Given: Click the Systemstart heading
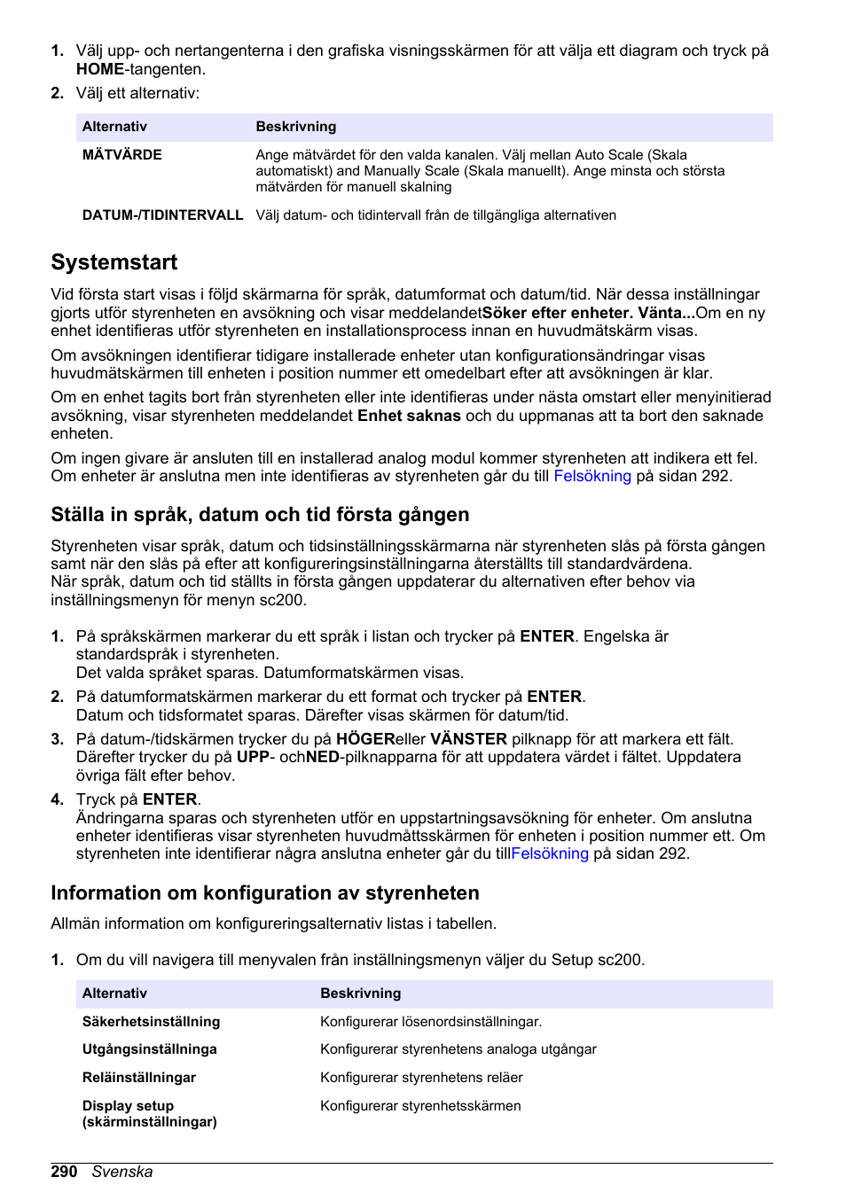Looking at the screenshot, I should coord(114,262).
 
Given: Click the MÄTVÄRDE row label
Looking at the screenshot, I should coord(122,155).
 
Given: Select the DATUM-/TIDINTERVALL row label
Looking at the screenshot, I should coord(162,215).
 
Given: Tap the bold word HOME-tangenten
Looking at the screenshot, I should coord(100,69).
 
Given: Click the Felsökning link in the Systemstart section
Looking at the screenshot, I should coord(592,477).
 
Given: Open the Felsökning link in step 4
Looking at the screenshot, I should coord(550,854).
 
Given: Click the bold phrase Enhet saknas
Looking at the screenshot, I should coord(409,416).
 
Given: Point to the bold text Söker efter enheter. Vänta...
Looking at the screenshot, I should coord(588,313).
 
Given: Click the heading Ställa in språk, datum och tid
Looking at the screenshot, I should coord(260,515).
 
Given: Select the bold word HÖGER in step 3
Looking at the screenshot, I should coord(365,739).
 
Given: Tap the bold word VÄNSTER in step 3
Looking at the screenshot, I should coord(468,739).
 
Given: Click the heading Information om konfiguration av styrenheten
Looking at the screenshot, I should coord(265,893).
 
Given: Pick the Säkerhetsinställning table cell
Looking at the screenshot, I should coord(152,1022).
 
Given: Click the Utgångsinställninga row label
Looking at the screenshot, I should coord(150,1049).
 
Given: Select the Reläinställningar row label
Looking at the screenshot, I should coord(139,1078).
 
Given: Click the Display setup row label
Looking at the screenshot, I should coord(149,1114).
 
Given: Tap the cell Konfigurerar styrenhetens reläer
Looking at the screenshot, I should coord(421,1078).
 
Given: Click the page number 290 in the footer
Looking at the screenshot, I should coord(64,1172).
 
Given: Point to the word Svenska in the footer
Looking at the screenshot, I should coord(122,1172).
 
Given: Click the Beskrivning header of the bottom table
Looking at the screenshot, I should coord(361,994).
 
